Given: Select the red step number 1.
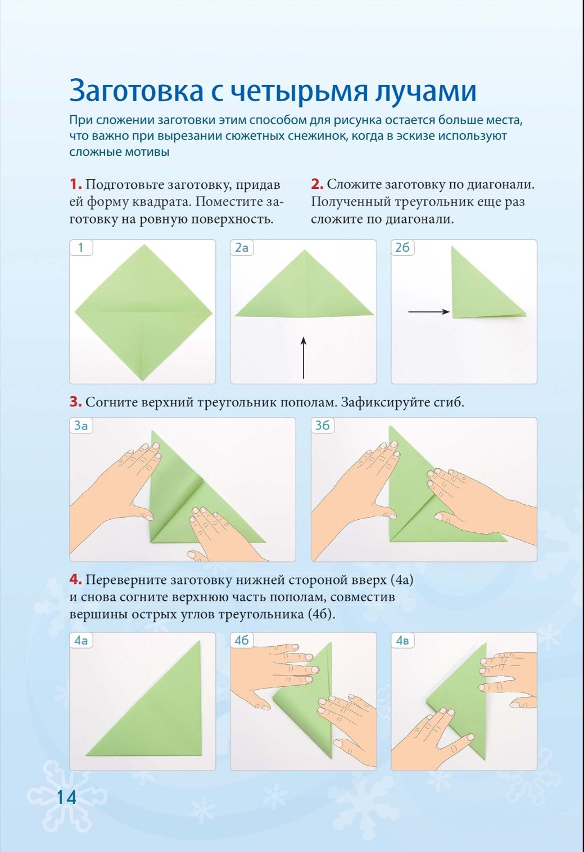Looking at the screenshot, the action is (75, 184).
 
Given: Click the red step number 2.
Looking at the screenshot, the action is (317, 184).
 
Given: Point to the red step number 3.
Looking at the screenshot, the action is (75, 402).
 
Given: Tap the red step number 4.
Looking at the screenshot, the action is (75, 580).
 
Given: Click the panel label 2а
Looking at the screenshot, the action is (242, 248).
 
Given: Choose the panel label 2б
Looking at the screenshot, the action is (402, 248).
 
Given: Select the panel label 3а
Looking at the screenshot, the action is (80, 425).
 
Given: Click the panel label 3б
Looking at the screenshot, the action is (322, 425).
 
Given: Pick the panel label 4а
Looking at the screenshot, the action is (80, 641).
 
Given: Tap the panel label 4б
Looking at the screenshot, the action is (242, 641).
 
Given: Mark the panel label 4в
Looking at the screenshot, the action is (402, 641).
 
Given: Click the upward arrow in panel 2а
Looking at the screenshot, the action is (303, 357).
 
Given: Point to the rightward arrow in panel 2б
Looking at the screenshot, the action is (429, 312).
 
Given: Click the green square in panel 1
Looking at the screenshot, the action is (143, 312).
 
